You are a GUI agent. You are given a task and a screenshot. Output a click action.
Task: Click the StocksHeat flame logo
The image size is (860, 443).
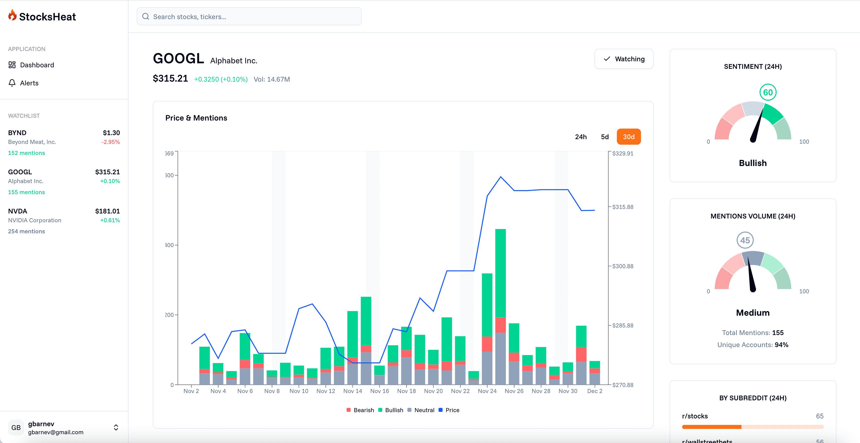click(x=12, y=15)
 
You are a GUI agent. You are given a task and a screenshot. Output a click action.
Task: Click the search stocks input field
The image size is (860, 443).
click(x=249, y=17)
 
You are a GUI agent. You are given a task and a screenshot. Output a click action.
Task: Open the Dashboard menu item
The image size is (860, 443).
click(x=37, y=65)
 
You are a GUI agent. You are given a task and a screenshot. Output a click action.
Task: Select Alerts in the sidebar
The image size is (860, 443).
click(x=29, y=83)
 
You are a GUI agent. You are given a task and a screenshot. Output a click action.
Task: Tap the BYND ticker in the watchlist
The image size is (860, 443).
click(x=17, y=133)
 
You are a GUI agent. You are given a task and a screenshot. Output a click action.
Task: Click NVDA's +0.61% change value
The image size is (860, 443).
click(x=110, y=220)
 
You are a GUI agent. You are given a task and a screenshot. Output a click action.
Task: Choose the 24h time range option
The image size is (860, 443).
click(x=580, y=137)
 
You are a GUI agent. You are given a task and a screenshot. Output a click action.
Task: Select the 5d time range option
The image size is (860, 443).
click(x=605, y=137)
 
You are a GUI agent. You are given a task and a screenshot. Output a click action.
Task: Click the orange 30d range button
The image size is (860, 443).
click(x=628, y=137)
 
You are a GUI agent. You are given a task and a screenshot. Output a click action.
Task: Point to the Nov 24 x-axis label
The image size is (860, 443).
click(x=487, y=391)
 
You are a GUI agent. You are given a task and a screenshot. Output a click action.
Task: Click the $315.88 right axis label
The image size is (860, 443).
click(x=622, y=207)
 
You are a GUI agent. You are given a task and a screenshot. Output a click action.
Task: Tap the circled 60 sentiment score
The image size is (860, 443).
click(x=768, y=92)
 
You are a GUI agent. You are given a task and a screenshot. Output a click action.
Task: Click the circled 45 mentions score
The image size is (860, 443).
click(x=745, y=240)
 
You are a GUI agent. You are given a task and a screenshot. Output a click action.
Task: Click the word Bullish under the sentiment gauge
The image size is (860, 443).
click(x=752, y=163)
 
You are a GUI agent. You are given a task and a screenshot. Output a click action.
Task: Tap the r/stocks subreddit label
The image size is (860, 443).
click(x=695, y=416)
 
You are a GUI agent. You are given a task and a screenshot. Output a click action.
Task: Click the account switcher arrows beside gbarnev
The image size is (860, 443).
click(x=116, y=427)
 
